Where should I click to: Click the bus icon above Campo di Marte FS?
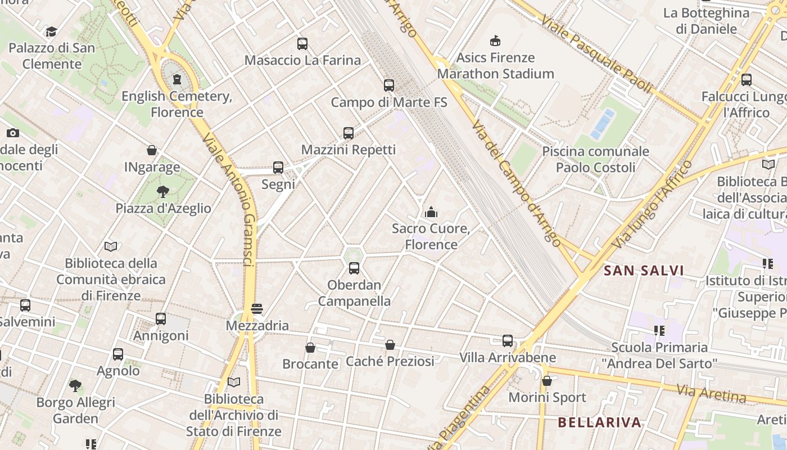(389, 85)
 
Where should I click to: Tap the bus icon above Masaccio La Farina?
(302, 43)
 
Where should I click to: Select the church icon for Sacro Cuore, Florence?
(431, 212)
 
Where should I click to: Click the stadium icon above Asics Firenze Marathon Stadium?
(495, 40)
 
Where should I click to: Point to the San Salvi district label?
(644, 271)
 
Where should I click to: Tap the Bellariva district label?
(600, 422)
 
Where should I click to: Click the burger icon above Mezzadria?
(257, 309)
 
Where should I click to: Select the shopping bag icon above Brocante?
(310, 348)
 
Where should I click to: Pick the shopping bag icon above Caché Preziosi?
(390, 345)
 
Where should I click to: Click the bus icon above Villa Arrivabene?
(508, 340)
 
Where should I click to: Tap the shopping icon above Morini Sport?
(547, 381)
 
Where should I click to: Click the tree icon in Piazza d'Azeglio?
(163, 192)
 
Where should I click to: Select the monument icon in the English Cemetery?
(177, 79)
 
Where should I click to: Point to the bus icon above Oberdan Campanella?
(354, 268)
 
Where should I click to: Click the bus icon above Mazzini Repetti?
(349, 133)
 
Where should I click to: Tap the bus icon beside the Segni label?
(278, 167)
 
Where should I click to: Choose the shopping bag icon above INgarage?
(152, 150)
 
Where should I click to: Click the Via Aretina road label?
(711, 393)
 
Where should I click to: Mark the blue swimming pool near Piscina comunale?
(603, 124)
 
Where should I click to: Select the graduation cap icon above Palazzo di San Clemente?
(52, 31)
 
